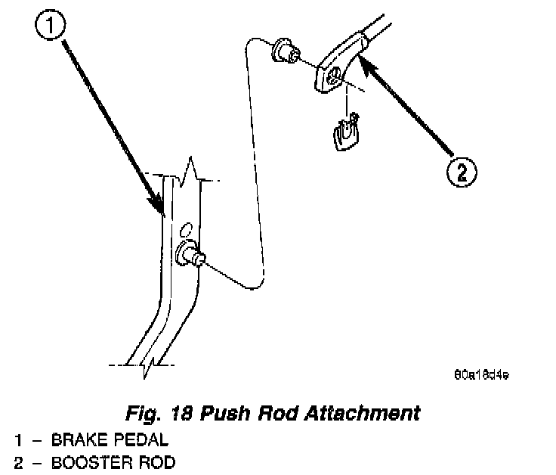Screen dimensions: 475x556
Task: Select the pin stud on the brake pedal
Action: click(190, 255)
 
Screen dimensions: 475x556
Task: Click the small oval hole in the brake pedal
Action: click(186, 228)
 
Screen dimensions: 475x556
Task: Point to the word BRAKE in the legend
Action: click(77, 439)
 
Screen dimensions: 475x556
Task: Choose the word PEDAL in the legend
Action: click(141, 439)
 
